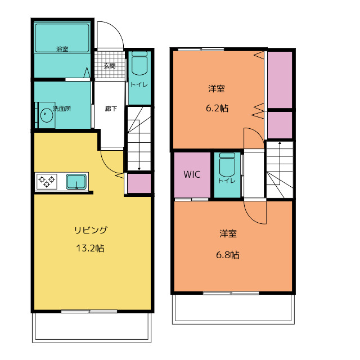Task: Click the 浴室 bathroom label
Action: click(x=62, y=49)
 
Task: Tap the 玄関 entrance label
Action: click(x=110, y=66)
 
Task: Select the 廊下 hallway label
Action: click(x=111, y=109)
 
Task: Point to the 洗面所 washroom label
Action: click(x=62, y=109)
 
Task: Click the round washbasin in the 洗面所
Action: click(x=46, y=115)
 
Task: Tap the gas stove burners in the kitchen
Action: click(x=47, y=181)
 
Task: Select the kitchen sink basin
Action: click(x=76, y=181)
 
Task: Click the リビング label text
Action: click(x=91, y=230)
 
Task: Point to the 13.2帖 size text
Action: click(x=90, y=248)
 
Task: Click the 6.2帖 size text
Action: click(x=217, y=108)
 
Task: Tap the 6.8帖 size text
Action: click(x=228, y=255)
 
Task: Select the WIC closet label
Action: click(x=192, y=174)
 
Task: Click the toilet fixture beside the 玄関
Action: click(x=139, y=64)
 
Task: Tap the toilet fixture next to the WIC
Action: click(x=227, y=165)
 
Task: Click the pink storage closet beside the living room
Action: click(x=139, y=183)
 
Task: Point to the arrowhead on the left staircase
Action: click(x=139, y=169)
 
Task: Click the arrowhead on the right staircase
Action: click(x=280, y=143)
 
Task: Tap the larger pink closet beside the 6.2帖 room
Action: click(x=280, y=80)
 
